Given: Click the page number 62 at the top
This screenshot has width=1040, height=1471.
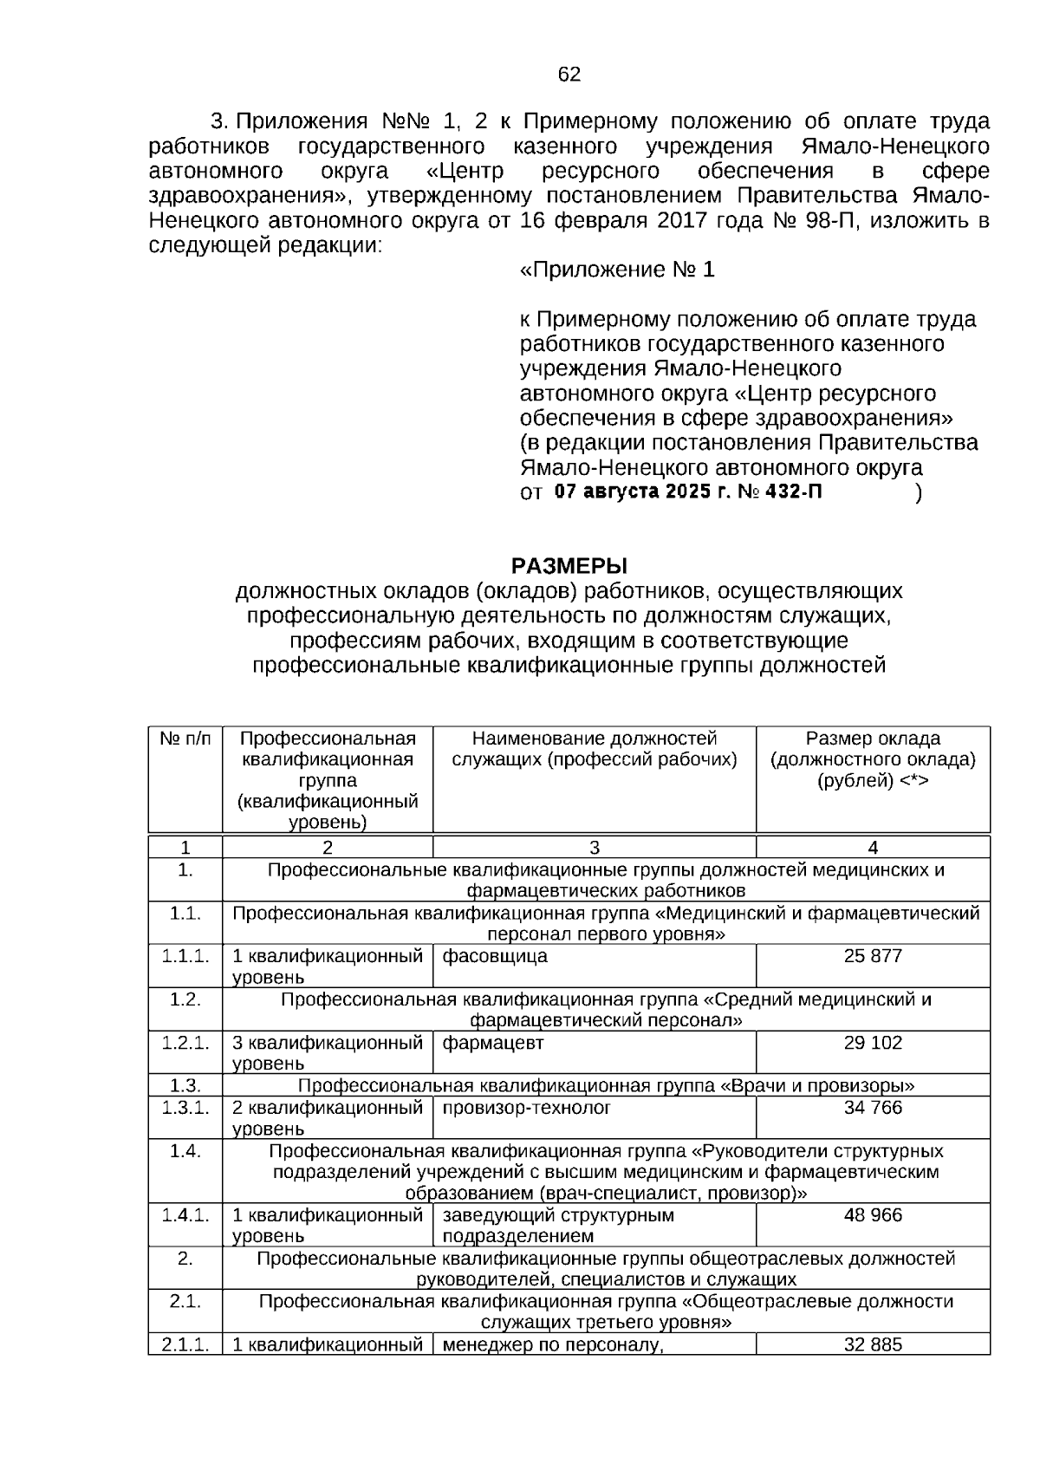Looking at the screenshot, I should click(x=569, y=75).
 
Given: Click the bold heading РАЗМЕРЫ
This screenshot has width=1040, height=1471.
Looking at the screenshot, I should click(x=569, y=566).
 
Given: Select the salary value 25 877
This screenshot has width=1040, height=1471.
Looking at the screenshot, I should click(x=873, y=956).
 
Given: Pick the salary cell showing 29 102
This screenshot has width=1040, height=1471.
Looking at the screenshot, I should click(x=873, y=1043).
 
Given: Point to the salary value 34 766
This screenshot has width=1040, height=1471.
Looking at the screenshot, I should click(x=873, y=1108).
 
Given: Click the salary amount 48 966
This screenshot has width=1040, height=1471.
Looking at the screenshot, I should click(x=873, y=1215).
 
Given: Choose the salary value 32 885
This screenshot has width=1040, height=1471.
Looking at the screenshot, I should click(x=873, y=1344).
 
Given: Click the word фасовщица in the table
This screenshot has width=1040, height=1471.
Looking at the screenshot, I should click(x=495, y=956).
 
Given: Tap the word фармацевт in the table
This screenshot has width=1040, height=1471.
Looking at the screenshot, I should click(x=493, y=1043).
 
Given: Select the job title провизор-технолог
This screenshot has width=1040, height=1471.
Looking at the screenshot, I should click(x=527, y=1108).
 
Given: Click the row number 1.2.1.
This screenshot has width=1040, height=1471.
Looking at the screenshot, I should click(x=185, y=1043).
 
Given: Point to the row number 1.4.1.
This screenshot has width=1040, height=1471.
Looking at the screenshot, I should click(x=185, y=1215).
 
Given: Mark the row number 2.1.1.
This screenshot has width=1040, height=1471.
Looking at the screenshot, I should click(x=185, y=1344).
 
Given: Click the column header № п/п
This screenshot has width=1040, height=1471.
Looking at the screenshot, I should click(x=185, y=739).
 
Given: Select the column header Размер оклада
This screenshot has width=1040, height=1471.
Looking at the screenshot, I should click(x=873, y=739).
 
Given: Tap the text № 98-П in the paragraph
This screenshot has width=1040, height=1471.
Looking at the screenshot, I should click(x=814, y=220).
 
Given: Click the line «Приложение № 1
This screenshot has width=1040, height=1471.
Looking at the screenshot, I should click(x=617, y=270).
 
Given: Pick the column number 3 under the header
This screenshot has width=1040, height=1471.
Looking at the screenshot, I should click(x=595, y=848).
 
